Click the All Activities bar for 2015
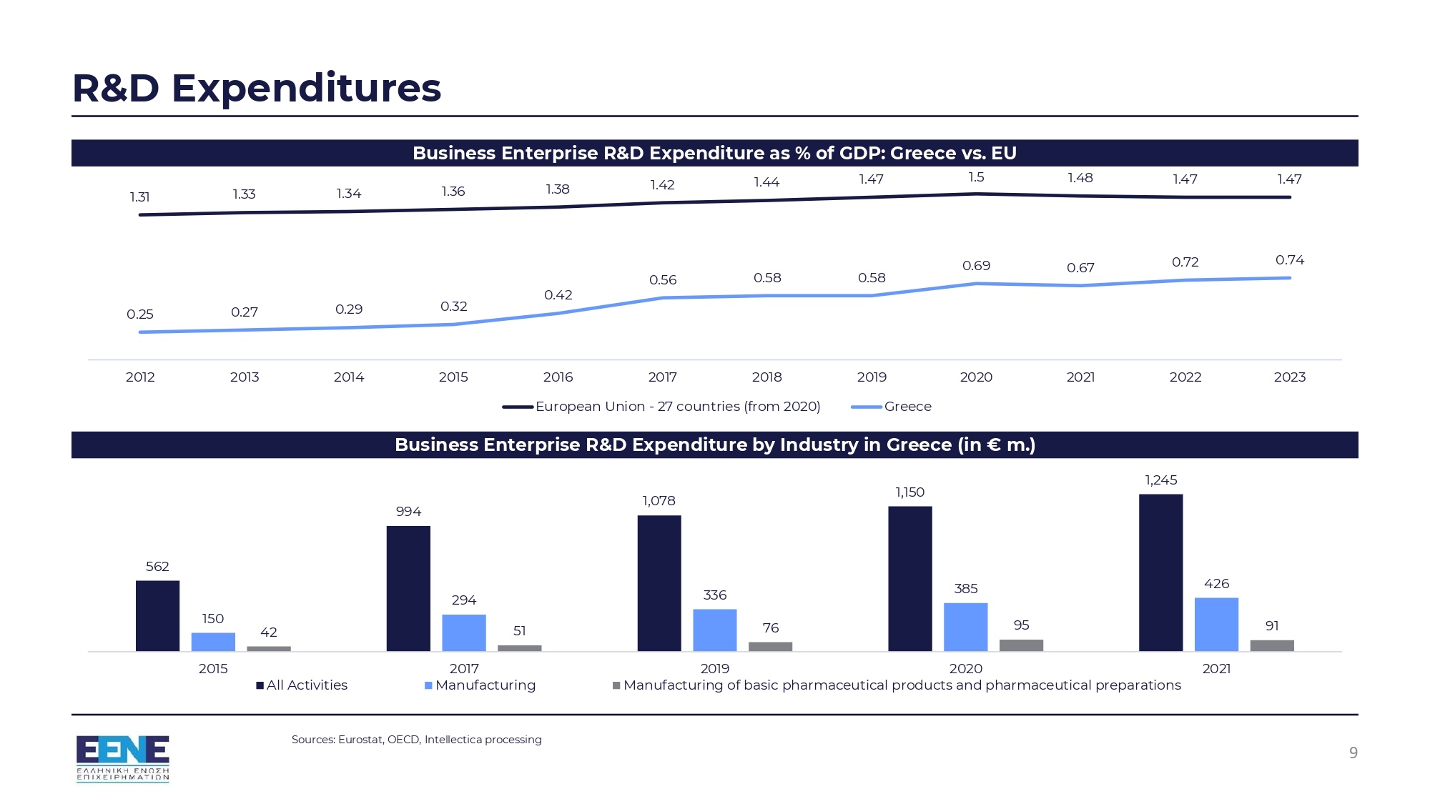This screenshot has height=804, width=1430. pos(157,615)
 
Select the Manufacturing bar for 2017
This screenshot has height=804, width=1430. pos(463,632)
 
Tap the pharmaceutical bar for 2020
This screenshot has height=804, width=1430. pos(1021,645)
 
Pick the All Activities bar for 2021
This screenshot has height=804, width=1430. pos(1160,572)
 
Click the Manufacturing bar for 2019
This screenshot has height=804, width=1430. pos(714,630)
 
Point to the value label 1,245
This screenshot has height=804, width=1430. pos(1160,480)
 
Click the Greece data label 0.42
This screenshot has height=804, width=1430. pos(558,295)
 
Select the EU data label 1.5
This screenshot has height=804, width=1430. pos(976,177)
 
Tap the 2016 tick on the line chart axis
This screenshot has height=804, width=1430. pos(558,377)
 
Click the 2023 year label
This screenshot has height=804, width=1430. pos(1289,377)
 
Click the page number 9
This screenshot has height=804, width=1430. pos(1353,753)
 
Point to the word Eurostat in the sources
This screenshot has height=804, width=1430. pos(360,740)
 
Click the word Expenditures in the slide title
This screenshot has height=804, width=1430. pos(306,88)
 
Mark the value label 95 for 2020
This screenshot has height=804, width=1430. pos(1021,625)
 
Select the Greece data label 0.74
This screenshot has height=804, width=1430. pos(1289,260)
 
